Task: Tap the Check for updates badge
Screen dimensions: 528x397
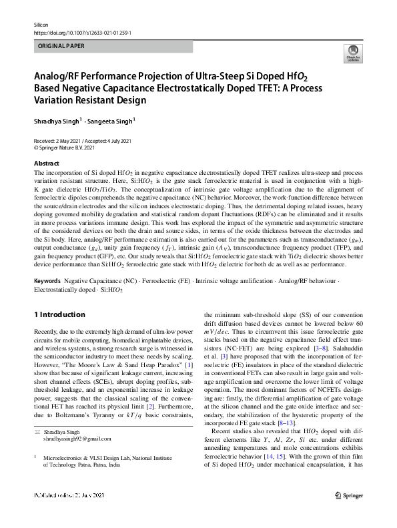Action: pos(352,54)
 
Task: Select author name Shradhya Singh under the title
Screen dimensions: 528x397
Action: pos(56,121)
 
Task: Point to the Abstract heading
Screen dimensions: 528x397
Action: pos(46,164)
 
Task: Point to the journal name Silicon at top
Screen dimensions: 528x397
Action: pos(41,23)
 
